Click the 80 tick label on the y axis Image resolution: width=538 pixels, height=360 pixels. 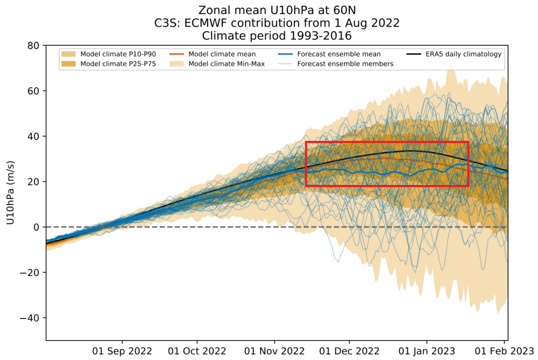(x=34, y=46)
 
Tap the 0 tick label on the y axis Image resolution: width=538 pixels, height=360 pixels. (x=37, y=227)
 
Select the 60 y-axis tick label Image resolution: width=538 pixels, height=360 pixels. (x=34, y=91)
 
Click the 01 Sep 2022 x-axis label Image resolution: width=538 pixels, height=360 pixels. (x=123, y=351)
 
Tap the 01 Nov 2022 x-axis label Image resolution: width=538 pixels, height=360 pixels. (x=275, y=351)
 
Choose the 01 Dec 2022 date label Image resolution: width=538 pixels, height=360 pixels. (x=349, y=351)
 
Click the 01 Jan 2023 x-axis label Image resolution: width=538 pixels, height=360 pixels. (x=427, y=351)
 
